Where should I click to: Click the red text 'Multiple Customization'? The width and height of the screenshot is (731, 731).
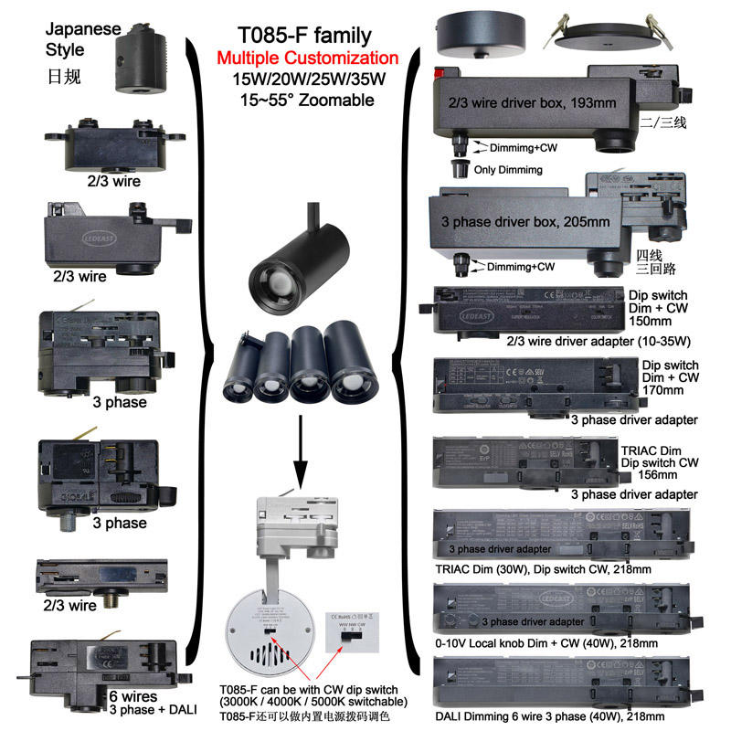(x=307, y=58)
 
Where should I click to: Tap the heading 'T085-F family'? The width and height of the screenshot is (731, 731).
(x=304, y=37)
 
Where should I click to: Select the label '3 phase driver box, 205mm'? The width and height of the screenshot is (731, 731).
(x=527, y=221)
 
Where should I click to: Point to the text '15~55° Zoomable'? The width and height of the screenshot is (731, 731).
(x=304, y=100)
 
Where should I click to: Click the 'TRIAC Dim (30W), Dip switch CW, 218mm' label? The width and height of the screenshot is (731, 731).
(x=541, y=568)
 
